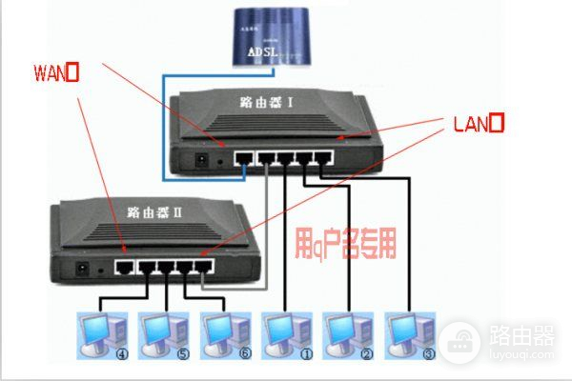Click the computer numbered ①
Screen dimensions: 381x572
[x=284, y=331]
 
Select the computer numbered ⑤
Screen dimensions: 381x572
[x=161, y=331]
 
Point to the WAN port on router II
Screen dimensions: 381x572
[x=123, y=267]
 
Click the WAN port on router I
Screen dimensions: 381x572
[x=243, y=158]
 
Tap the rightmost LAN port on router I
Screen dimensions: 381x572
[x=324, y=158]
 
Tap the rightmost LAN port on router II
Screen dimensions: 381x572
[x=204, y=267]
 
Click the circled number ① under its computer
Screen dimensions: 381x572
[x=284, y=356]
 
